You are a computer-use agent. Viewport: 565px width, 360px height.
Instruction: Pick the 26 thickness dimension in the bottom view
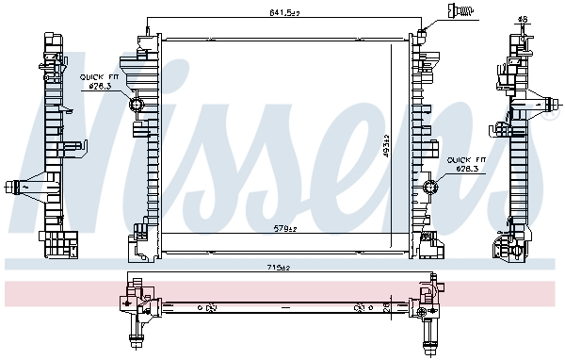tap(387, 306)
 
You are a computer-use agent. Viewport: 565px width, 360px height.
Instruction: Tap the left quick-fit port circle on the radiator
tap(136, 104)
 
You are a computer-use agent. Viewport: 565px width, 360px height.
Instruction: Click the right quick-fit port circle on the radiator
tap(431, 186)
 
